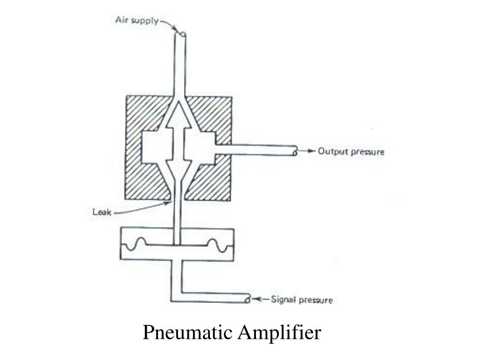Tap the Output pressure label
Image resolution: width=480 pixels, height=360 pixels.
pos(351,151)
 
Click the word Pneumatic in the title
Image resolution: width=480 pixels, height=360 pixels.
pos(188,333)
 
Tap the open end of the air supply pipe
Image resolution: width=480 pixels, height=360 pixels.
pos(181,35)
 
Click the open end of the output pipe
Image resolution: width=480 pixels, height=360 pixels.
pos(294,152)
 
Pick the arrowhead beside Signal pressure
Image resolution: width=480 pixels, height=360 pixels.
pos(258,299)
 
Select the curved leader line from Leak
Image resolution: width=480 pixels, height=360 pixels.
pos(141,210)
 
